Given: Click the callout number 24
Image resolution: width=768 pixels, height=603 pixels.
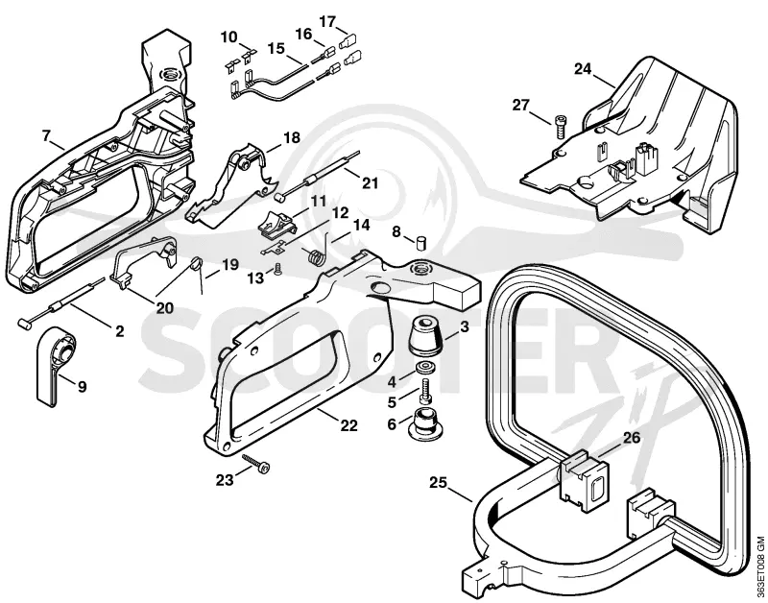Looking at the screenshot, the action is tap(583, 69).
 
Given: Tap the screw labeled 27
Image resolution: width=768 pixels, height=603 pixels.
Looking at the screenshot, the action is tap(560, 126).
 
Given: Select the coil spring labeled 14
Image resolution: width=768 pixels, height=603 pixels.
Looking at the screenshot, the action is tap(318, 253).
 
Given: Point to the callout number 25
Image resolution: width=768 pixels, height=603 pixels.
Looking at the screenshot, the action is tap(439, 483).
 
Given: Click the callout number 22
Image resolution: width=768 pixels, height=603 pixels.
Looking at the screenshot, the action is tap(348, 425).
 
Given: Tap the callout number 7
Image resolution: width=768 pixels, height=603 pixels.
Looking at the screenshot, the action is tap(46, 135).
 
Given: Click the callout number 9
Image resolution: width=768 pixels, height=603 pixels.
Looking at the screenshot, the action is tap(82, 387).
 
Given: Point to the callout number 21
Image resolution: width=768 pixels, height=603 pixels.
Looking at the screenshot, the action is tap(371, 182).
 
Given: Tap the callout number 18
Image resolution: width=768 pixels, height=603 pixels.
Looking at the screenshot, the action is tap(292, 137).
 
